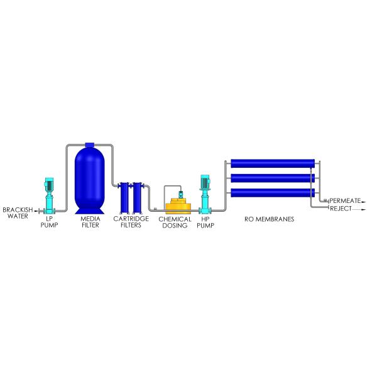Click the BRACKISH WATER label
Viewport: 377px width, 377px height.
click(x=18, y=213)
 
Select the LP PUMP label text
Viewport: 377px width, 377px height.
click(x=49, y=222)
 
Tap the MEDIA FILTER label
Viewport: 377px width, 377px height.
click(x=90, y=222)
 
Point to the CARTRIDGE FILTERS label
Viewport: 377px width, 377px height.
click(x=131, y=222)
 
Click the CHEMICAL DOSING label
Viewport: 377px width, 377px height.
click(x=175, y=222)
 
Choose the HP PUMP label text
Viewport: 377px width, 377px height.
click(x=205, y=222)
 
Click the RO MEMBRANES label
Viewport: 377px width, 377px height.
click(x=270, y=219)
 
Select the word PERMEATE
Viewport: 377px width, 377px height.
click(x=345, y=200)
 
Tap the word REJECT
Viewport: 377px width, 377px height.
click(x=341, y=209)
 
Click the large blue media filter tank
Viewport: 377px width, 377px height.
click(x=90, y=180)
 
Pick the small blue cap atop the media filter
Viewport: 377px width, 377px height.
click(x=89, y=145)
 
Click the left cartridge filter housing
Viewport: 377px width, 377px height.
click(x=124, y=198)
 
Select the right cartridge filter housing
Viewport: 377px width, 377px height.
click(x=138, y=198)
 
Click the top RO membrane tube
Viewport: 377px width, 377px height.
click(x=273, y=163)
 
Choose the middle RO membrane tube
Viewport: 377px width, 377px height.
click(x=273, y=178)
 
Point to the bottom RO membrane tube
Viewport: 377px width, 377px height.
click(x=273, y=193)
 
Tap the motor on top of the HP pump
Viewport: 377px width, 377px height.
click(x=205, y=182)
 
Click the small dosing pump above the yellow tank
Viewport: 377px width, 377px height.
click(x=181, y=194)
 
